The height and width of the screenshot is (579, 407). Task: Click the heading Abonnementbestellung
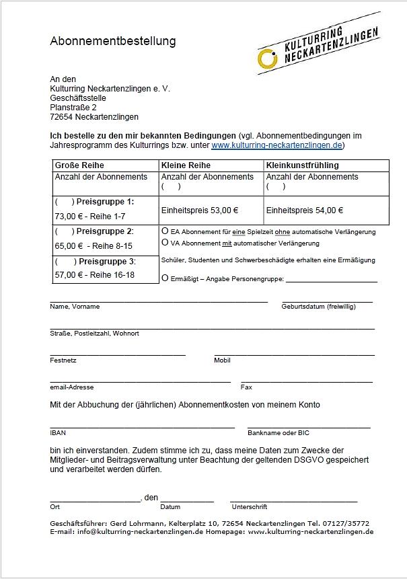(112, 41)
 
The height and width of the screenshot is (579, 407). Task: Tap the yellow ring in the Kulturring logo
(267, 59)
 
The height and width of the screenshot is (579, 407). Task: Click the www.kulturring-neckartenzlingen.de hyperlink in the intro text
(277, 145)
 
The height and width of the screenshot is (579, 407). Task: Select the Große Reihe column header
(79, 165)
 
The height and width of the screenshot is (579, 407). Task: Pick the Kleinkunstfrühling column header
(302, 165)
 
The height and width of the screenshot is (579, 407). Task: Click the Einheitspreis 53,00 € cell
(200, 210)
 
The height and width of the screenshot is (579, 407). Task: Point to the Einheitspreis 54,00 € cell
(305, 210)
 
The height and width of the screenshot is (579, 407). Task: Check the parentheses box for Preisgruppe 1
(65, 202)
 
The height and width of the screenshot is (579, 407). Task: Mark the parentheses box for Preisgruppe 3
(65, 262)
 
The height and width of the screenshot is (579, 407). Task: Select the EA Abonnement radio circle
(165, 231)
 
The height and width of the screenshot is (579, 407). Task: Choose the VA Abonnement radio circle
(165, 242)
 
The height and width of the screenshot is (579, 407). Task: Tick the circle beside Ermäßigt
(165, 278)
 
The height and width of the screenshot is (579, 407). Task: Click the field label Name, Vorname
(75, 307)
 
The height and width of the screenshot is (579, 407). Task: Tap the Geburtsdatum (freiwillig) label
(318, 307)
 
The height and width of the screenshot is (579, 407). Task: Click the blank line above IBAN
(142, 427)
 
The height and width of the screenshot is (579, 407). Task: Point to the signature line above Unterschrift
(293, 502)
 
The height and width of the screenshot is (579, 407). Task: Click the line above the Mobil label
(294, 354)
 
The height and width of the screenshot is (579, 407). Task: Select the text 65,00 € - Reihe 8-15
(94, 246)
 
